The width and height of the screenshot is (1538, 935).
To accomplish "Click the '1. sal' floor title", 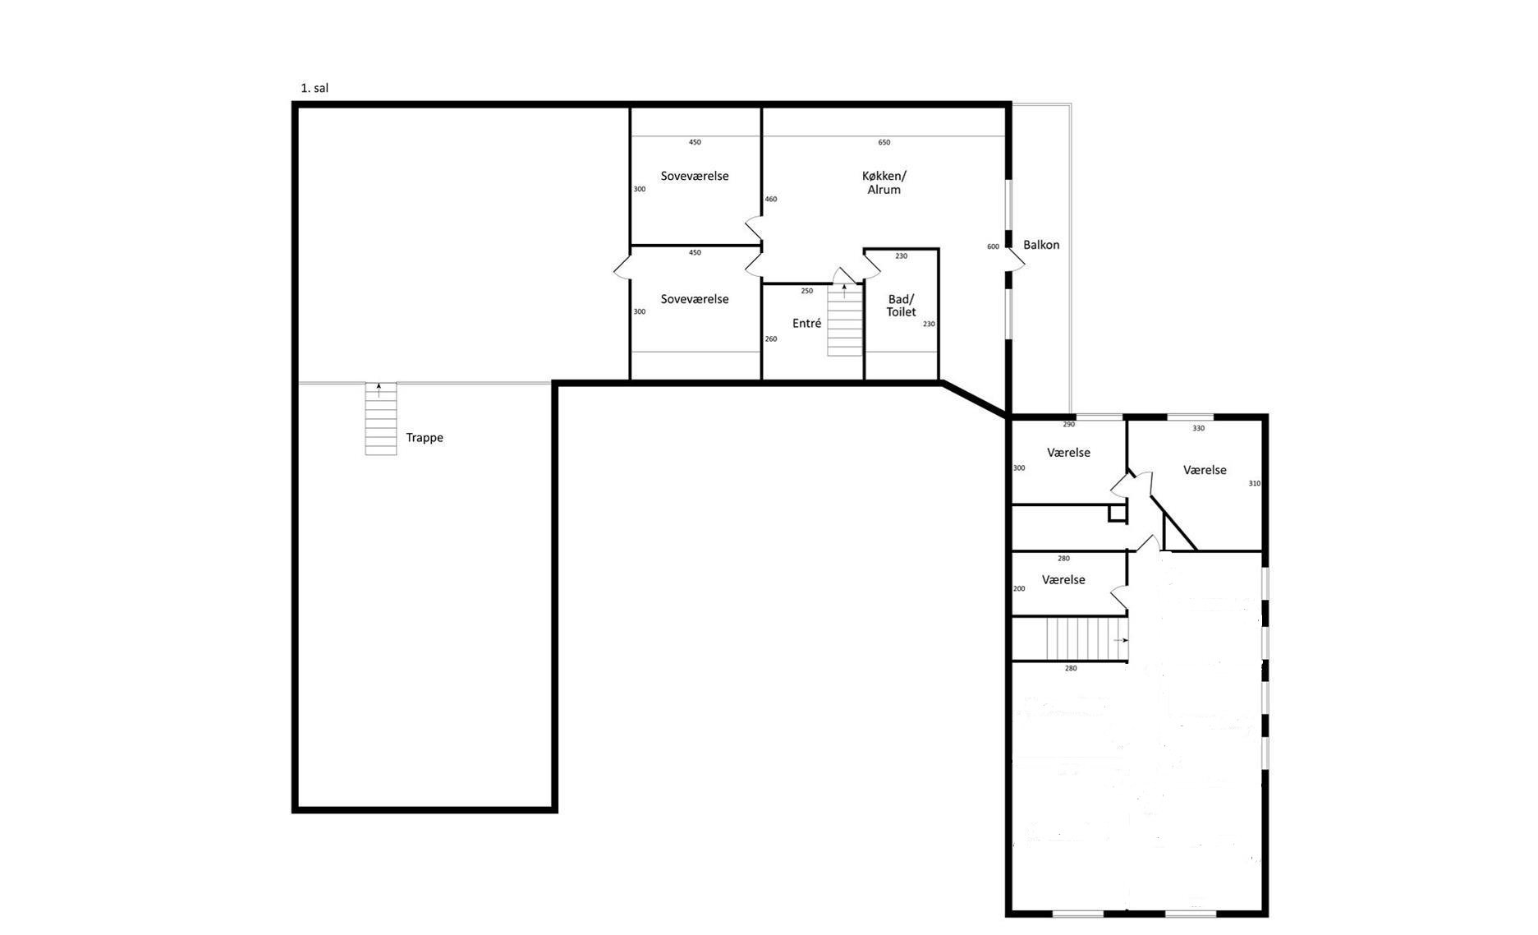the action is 314,88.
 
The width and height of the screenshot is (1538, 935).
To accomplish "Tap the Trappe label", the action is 425,438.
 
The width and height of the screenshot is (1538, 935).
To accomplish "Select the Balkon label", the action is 1041,245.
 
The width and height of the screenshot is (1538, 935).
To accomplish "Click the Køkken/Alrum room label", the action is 884,182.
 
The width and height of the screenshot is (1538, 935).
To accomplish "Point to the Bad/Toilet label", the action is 901,306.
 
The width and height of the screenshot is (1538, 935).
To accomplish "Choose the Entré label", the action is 806,324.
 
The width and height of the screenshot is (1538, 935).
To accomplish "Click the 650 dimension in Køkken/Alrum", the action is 884,143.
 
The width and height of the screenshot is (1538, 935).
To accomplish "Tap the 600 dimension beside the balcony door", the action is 993,246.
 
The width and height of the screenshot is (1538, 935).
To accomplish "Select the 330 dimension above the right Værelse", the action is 1198,428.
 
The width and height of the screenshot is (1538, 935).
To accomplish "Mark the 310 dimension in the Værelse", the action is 1254,484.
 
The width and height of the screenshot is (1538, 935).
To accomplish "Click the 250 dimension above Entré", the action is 806,291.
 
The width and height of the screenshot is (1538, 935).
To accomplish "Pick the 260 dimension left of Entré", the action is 771,339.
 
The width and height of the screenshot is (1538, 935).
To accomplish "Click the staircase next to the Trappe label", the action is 381,419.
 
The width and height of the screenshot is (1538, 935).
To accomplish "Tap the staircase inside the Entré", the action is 845,320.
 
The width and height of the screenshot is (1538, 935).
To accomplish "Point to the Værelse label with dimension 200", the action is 1063,580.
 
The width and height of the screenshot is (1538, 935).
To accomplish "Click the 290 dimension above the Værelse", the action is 1068,425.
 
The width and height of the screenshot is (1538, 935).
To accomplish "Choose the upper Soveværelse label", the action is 695,176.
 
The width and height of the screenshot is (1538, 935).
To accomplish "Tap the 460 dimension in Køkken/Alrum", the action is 771,200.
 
